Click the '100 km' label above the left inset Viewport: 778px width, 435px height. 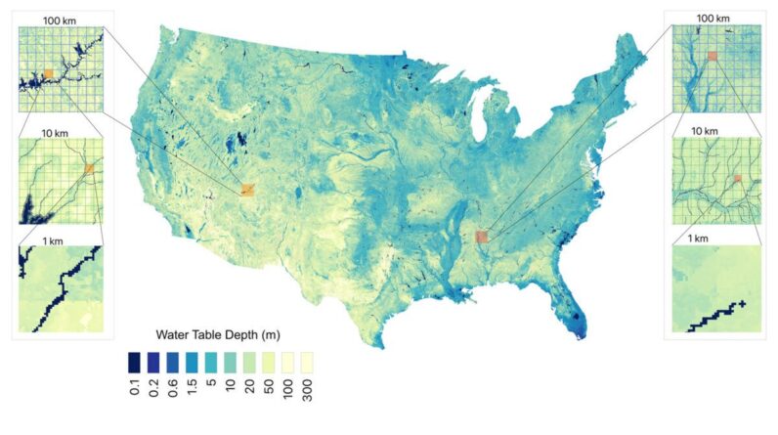coord(56,19)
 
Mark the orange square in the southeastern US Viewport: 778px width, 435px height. coord(481,237)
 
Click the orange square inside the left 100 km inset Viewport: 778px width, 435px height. coord(48,73)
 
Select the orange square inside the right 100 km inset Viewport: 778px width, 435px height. coord(713,57)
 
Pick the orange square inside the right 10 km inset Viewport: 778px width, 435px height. coord(738,178)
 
